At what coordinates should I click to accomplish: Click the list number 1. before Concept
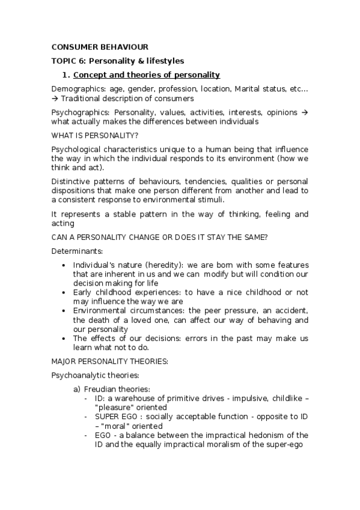tap(67, 75)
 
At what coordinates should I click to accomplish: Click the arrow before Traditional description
tap(56, 98)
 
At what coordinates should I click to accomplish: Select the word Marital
tap(238, 90)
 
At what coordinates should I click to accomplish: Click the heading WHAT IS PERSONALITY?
tap(95, 135)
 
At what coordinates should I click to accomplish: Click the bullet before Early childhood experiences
tap(64, 292)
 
